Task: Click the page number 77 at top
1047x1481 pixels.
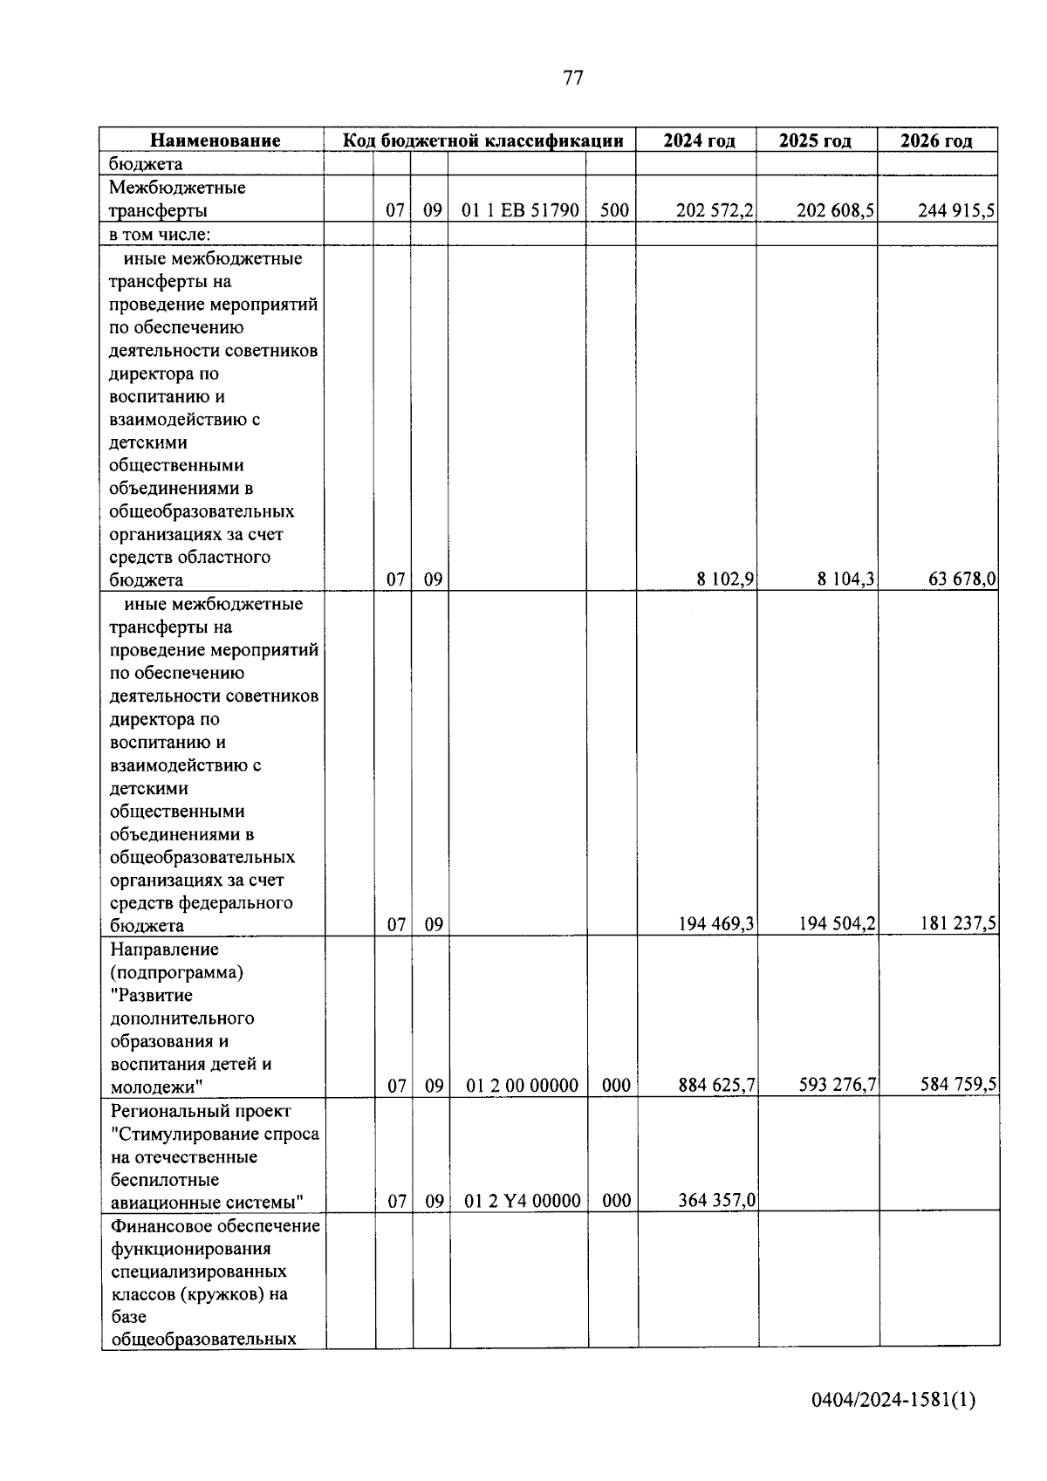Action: pyautogui.click(x=573, y=79)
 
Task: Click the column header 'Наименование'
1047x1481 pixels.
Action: pyautogui.click(x=215, y=141)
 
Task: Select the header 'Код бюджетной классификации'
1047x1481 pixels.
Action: pyautogui.click(x=482, y=141)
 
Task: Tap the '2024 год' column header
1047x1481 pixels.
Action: pyautogui.click(x=699, y=141)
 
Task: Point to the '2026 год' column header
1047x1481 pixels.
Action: pyautogui.click(x=936, y=141)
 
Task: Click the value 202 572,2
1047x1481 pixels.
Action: pyautogui.click(x=715, y=210)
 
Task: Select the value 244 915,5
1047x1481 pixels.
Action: pyautogui.click(x=956, y=210)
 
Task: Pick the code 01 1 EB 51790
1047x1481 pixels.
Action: pyautogui.click(x=522, y=210)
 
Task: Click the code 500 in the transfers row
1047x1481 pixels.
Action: pyautogui.click(x=614, y=210)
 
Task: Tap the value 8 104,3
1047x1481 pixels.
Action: pyautogui.click(x=846, y=579)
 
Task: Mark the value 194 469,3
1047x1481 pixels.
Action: pyautogui.click(x=715, y=925)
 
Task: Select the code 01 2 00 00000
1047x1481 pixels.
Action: pyautogui.click(x=522, y=1086)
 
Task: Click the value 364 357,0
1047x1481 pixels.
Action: pyautogui.click(x=716, y=1201)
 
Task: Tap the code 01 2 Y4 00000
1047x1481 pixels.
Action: pyautogui.click(x=522, y=1202)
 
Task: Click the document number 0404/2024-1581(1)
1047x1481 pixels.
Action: pyautogui.click(x=893, y=1401)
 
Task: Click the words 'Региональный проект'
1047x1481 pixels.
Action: pyautogui.click(x=200, y=1111)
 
